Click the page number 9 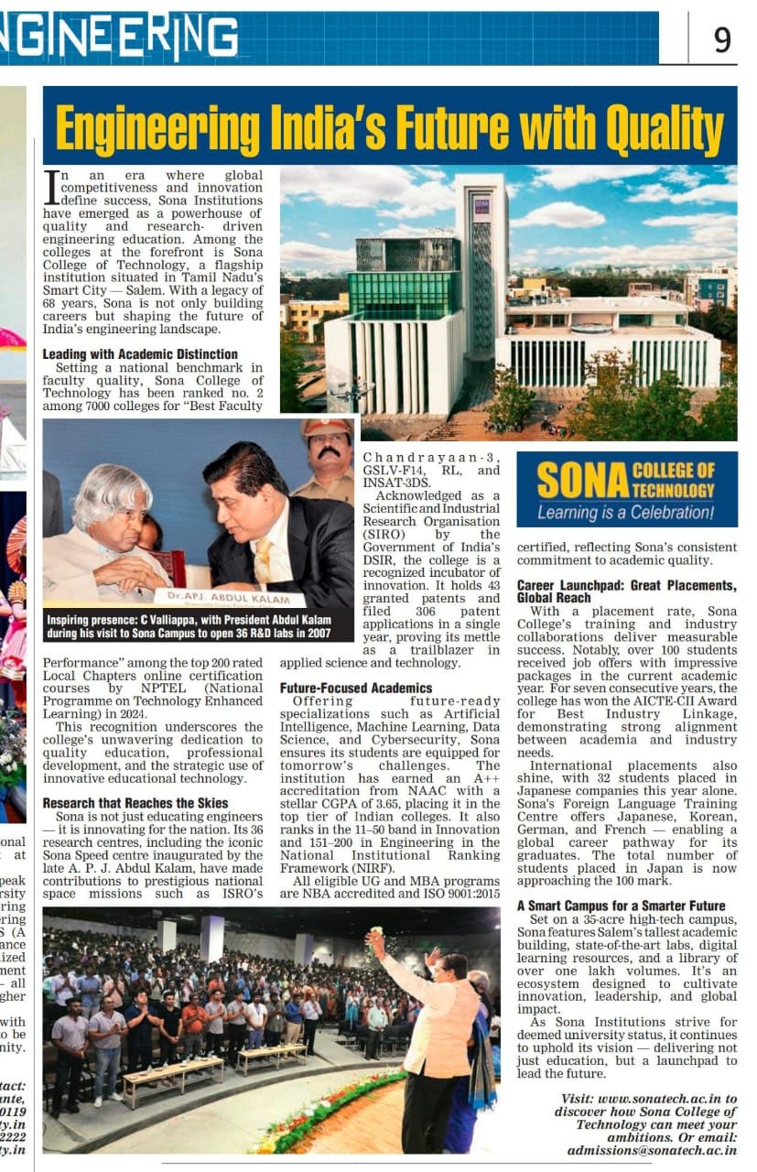tap(722, 40)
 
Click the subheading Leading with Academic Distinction tap(140, 354)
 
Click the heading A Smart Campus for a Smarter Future tap(622, 906)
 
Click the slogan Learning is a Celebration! tap(625, 513)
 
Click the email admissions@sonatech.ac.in tap(652, 1150)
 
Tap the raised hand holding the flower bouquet tap(375, 943)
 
